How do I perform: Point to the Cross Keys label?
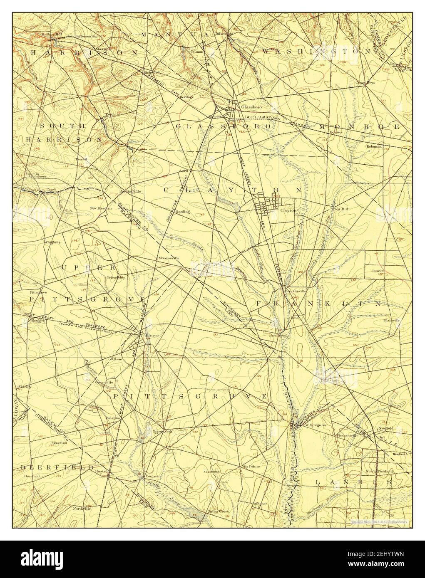(365, 83)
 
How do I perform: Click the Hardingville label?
(120, 192)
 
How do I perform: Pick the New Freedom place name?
(101, 208)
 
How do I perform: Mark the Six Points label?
(252, 467)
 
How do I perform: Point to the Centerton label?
(154, 476)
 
